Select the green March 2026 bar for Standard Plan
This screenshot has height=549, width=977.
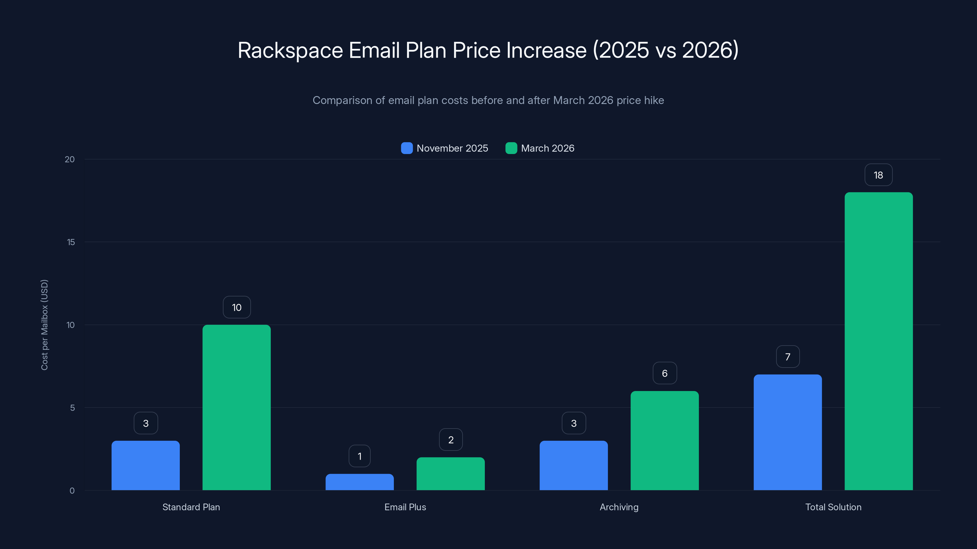[x=237, y=407]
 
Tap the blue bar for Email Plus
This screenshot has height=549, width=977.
[x=360, y=482]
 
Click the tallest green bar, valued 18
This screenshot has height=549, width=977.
[x=878, y=341]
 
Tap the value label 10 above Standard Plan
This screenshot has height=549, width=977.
[x=237, y=307]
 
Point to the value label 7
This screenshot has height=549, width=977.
[x=788, y=357]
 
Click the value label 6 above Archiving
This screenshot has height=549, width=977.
[x=664, y=373]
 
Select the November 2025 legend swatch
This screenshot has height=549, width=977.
[x=407, y=148]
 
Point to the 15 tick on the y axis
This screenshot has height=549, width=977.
[x=71, y=242]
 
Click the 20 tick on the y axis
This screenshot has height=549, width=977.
[x=70, y=159]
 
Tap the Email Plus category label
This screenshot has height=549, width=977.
[x=405, y=507]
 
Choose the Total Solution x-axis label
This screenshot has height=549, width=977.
[x=833, y=507]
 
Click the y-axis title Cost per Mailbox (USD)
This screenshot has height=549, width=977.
[x=44, y=325]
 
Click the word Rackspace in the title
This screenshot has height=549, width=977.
[x=290, y=50]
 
